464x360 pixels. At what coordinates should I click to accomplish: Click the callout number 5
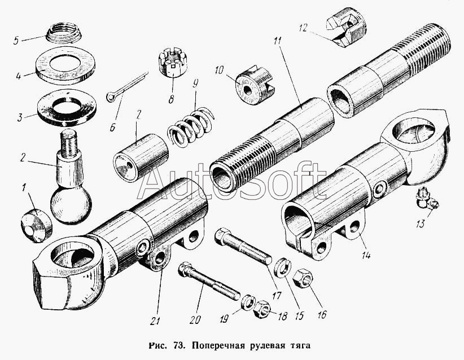point(16,41)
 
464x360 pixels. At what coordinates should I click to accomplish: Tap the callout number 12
point(303,28)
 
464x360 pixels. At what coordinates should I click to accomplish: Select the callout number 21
point(155,321)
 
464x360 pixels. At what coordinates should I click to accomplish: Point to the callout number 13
point(419,223)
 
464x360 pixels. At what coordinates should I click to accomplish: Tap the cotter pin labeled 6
point(127,84)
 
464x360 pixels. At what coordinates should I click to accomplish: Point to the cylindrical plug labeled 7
point(141,157)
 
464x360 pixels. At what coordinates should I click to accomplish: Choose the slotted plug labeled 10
point(254,85)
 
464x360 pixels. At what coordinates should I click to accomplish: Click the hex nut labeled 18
point(261,309)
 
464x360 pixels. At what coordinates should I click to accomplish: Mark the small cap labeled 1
point(36,225)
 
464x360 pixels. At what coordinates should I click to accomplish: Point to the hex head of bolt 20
point(185,269)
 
